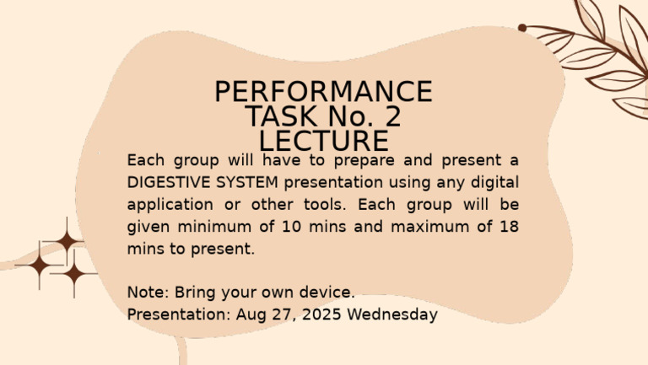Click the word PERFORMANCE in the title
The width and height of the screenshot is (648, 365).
coord(323,92)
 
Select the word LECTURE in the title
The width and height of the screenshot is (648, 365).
coord(323,141)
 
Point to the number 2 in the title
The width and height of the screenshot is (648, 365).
coord(391,116)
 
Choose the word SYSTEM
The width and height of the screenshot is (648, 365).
coord(249,182)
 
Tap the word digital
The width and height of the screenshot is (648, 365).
coord(493,182)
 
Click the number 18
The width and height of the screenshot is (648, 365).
coord(508,227)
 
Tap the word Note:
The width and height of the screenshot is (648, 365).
coord(148,293)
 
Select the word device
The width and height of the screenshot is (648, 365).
coord(328,293)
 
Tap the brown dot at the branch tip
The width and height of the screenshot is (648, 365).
coord(522,28)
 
